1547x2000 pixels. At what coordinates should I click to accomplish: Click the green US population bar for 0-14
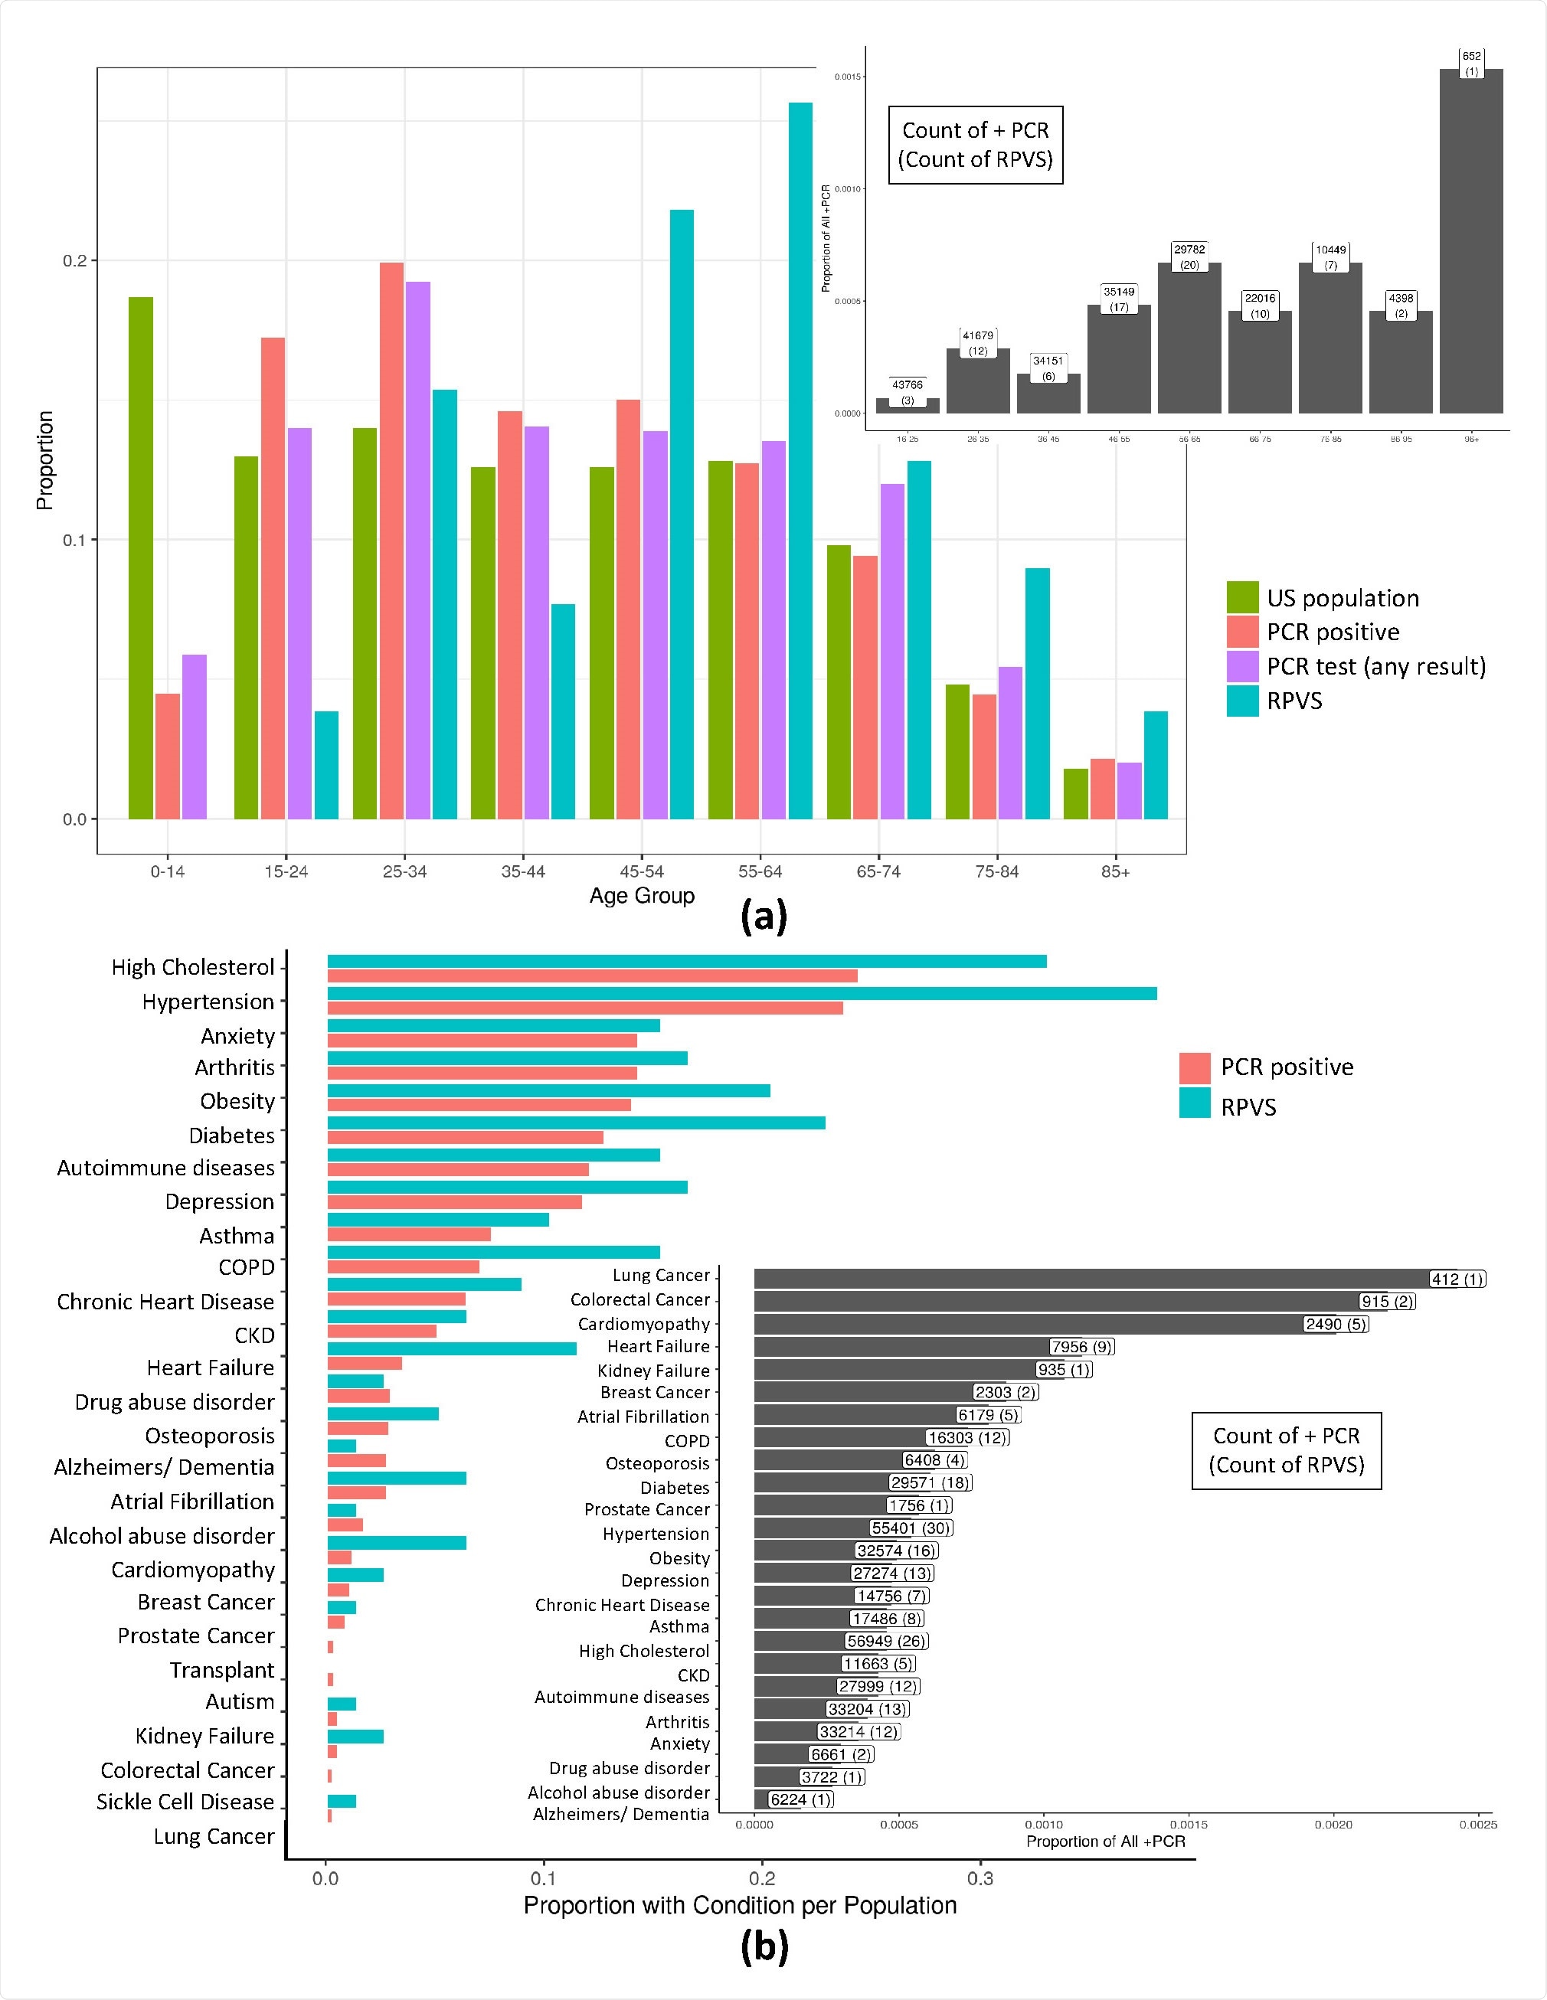[140, 557]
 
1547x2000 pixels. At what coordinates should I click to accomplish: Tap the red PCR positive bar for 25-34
[391, 541]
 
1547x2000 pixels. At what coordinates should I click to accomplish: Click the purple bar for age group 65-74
[892, 650]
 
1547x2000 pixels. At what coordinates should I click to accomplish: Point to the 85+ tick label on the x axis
[1115, 872]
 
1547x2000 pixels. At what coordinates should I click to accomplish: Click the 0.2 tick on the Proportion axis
[74, 261]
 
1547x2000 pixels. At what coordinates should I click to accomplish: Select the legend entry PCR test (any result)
[1375, 667]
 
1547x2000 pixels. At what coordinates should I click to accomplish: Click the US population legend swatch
[1243, 597]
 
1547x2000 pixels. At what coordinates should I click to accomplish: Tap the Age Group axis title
[641, 896]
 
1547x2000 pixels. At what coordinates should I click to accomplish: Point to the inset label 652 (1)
[1471, 64]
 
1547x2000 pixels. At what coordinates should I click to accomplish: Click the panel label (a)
[763, 917]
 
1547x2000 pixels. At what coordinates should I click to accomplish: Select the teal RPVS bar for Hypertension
[742, 994]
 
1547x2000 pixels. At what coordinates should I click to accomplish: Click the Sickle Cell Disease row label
[185, 1801]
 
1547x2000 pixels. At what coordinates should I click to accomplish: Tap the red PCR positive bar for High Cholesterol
[592, 976]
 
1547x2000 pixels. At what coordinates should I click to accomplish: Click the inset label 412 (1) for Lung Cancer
[1457, 1279]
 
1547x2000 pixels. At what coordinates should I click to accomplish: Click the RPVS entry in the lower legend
[1248, 1107]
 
